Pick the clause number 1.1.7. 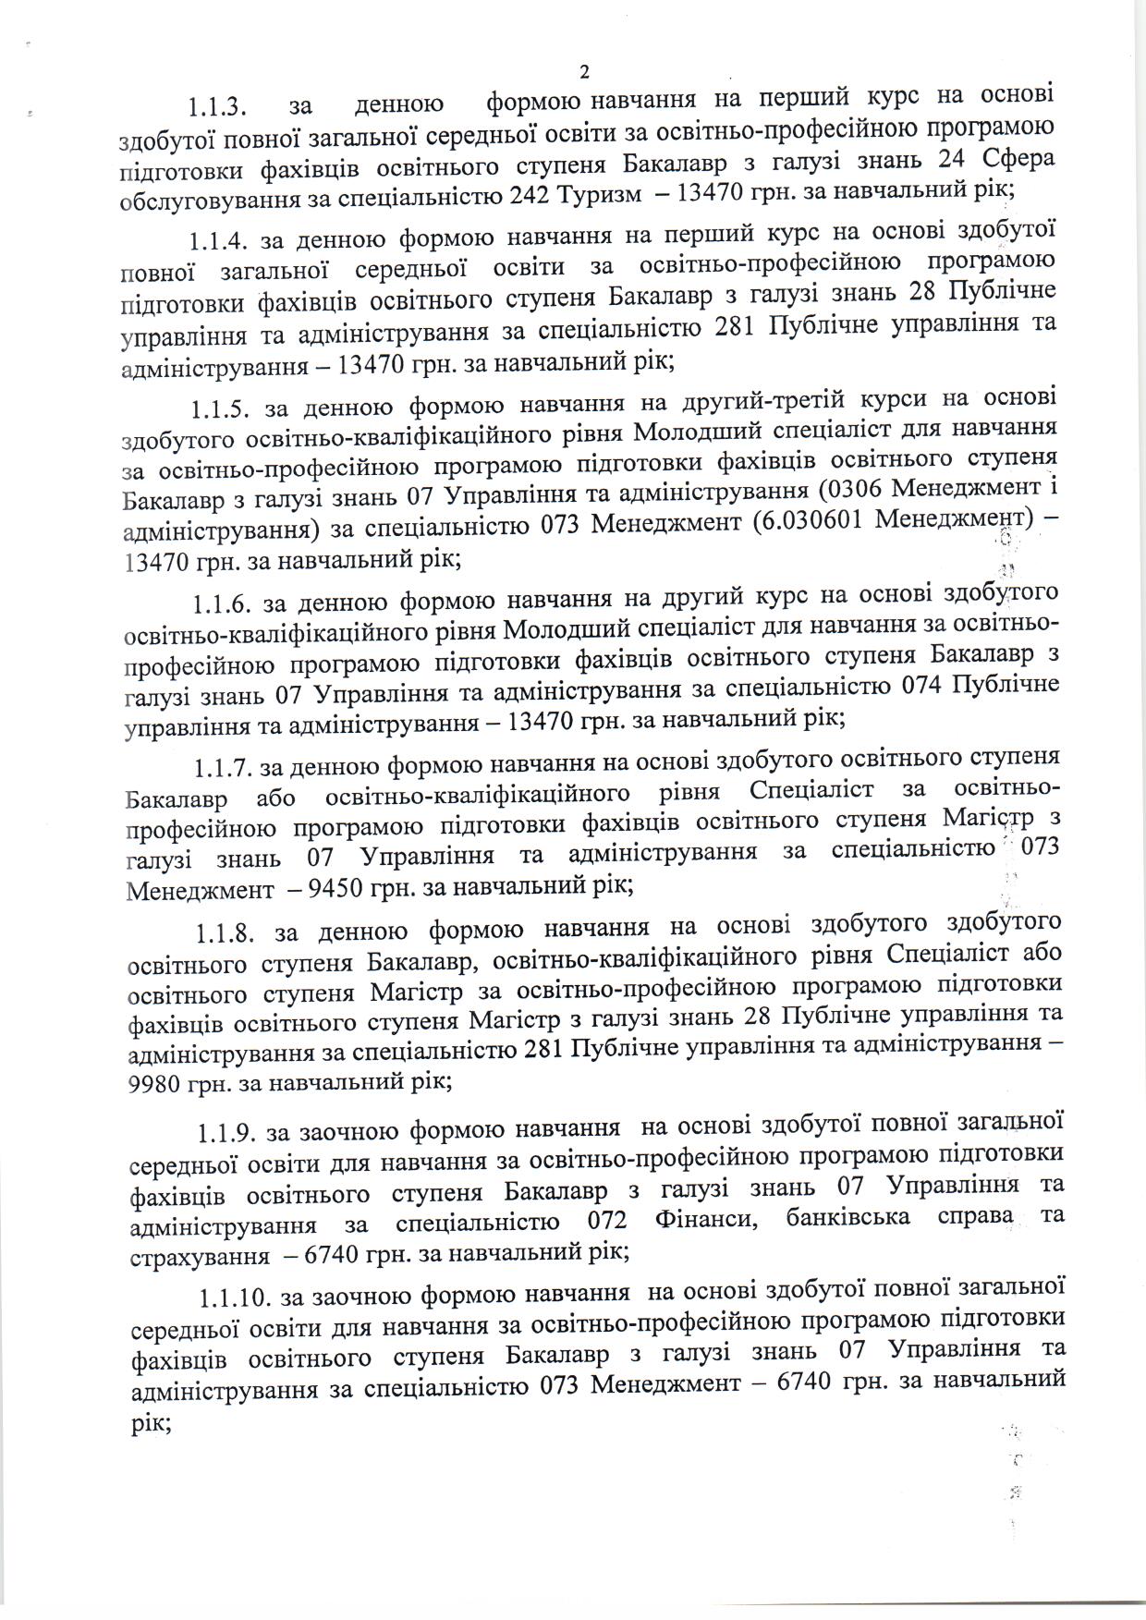tap(223, 768)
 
